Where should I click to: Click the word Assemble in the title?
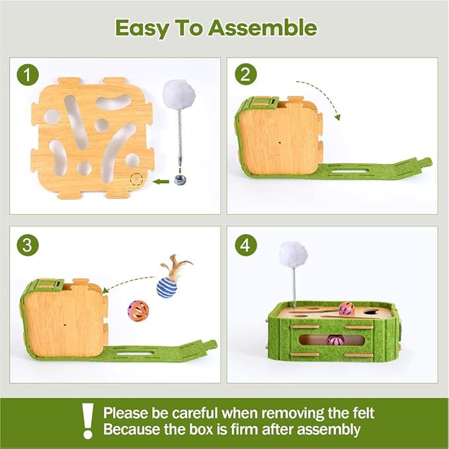263,28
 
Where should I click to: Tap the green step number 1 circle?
28,75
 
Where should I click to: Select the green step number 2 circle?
246,74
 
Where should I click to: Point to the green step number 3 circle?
28,245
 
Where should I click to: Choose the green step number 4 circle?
246,245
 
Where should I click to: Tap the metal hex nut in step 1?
181,180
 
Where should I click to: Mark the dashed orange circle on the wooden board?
136,179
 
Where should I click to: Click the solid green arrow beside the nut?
161,181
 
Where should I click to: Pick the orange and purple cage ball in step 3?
138,311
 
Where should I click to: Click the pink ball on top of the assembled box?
347,309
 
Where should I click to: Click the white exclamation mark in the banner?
88,421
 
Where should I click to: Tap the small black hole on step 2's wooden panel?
279,142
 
